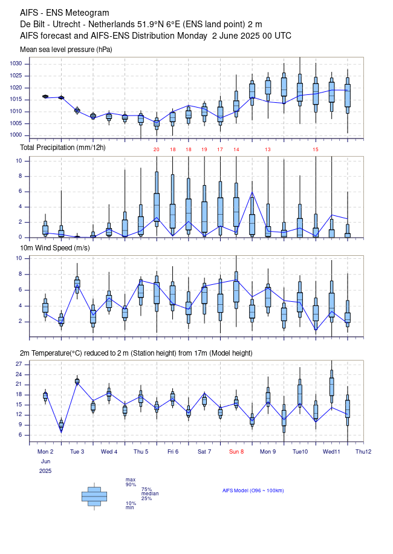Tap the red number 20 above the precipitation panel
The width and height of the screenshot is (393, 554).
[x=156, y=149]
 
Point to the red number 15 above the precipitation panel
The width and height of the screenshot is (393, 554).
[x=315, y=149]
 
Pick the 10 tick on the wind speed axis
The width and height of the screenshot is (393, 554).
[x=19, y=258]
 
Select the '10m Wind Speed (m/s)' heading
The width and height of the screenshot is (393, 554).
[x=56, y=247]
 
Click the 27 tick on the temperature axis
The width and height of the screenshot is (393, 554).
[x=19, y=364]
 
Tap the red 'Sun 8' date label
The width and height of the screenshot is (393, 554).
[x=236, y=452]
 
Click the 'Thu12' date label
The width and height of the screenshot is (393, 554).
[x=363, y=452]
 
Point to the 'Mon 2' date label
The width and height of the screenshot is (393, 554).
[x=45, y=452]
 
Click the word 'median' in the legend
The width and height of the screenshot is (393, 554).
[x=150, y=494]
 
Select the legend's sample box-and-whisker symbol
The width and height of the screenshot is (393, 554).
[x=94, y=496]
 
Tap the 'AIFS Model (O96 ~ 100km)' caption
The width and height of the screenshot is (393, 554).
[x=253, y=490]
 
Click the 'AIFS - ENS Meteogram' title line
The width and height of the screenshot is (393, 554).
[x=65, y=13]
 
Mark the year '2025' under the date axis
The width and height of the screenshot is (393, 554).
[x=45, y=470]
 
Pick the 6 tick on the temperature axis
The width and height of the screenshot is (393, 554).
[x=21, y=435]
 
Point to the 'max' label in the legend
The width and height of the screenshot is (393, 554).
[x=131, y=480]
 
